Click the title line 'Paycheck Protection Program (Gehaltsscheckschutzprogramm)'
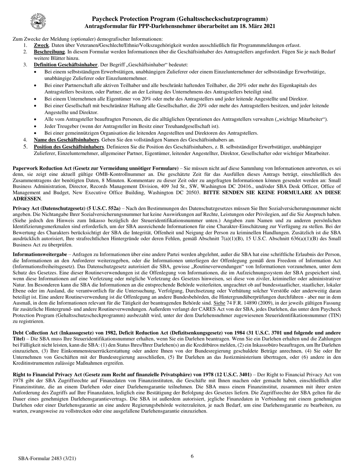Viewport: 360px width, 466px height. point(180,19)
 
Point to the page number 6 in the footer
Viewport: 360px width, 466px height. point(192,456)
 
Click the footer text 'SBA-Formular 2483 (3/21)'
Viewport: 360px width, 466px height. point(47,458)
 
